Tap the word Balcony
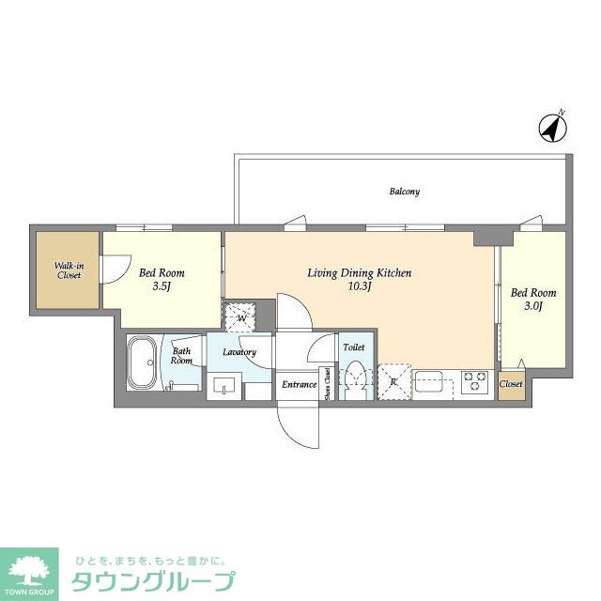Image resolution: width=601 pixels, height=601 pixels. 405,192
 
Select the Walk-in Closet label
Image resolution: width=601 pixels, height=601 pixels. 67,270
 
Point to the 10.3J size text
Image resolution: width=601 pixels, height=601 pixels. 360,286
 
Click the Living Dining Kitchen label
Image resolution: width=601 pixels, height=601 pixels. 360,273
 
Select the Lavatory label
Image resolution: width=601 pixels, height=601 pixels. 239,352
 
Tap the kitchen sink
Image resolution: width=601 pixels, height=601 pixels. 433,383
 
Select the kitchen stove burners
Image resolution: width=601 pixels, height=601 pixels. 474,382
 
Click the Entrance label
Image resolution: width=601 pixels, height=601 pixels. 300,384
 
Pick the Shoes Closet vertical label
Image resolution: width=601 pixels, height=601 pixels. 326,384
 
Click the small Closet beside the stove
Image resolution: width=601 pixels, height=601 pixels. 511,384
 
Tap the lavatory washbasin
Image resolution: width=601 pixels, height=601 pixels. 224,384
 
